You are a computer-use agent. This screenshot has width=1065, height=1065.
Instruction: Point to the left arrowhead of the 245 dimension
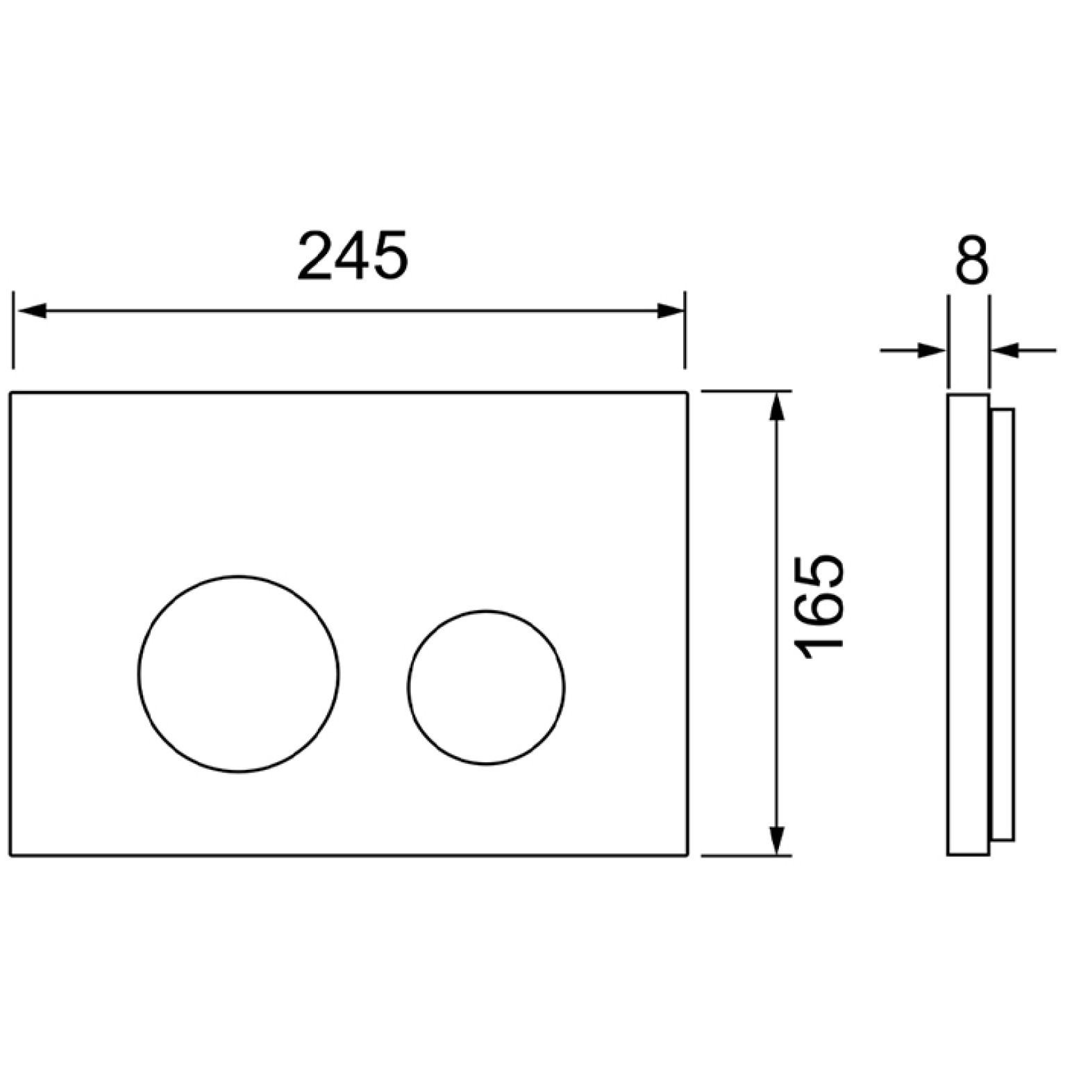pos(31,310)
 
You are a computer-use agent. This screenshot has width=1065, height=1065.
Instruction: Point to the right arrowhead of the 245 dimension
pos(670,310)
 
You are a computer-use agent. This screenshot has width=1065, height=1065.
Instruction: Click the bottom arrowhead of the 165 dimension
pos(778,841)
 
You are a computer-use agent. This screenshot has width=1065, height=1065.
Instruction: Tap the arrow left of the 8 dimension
pos(912,351)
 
